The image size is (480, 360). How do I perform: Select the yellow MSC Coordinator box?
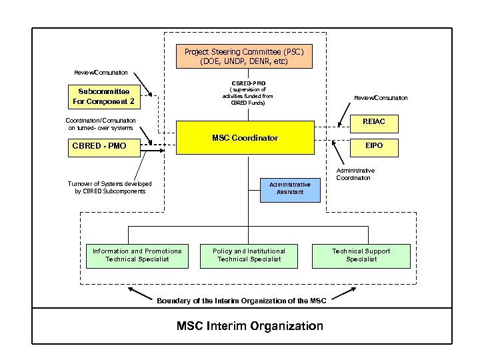click(x=245, y=138)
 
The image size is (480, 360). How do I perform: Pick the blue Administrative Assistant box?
click(x=290, y=187)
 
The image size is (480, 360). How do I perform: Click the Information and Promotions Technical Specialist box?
click(x=137, y=255)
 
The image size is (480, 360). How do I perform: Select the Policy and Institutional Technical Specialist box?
click(x=249, y=255)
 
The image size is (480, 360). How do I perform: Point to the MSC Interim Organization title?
click(x=249, y=326)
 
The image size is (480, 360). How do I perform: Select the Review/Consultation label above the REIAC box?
click(x=381, y=98)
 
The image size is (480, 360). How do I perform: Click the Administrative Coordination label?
click(x=355, y=175)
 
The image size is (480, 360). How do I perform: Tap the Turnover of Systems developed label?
click(x=109, y=187)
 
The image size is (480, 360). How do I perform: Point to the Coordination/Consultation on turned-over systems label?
click(x=99, y=123)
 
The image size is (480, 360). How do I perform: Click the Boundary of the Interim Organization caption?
click(x=241, y=301)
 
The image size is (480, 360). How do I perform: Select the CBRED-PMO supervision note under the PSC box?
click(x=248, y=93)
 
